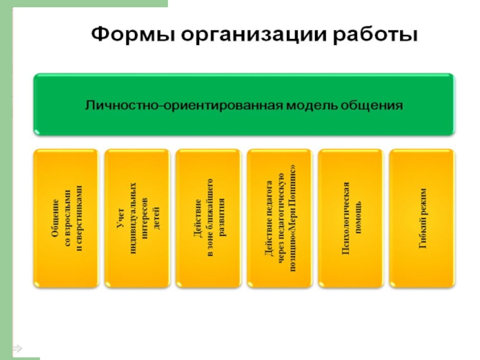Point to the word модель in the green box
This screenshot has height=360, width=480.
[312, 105]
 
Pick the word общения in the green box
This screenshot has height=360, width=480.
[373, 106]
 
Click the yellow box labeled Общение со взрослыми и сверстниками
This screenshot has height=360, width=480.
[67, 219]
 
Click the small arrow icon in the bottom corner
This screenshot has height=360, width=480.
[17, 348]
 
